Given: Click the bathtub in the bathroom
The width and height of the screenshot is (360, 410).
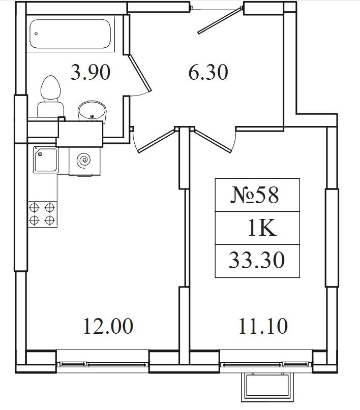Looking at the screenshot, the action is [70, 34].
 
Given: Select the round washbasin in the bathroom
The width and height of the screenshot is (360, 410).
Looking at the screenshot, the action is [92, 112].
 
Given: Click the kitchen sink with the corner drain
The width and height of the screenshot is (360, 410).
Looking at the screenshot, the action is [45, 160].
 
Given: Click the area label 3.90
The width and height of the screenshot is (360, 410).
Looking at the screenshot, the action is [91, 73].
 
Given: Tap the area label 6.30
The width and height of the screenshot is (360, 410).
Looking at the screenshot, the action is [208, 73].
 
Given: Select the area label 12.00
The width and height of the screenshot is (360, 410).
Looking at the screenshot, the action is [108, 326].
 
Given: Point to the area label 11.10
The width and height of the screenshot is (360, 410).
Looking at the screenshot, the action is [263, 326].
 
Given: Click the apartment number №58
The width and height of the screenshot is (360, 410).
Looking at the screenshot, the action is [255, 195].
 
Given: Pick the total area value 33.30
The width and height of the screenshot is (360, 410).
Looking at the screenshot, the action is [257, 261].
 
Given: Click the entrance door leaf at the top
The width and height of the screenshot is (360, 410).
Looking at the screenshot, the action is [219, 20].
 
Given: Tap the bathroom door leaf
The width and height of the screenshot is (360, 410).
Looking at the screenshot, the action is [140, 73].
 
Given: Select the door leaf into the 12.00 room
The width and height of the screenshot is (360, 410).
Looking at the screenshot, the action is [156, 140].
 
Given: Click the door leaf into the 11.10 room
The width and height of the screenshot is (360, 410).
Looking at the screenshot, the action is [213, 140].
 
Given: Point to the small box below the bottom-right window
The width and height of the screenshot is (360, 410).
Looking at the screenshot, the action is [267, 387].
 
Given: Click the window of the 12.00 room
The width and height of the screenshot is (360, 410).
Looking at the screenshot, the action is [103, 364].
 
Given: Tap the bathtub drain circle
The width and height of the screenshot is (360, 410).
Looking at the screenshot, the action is [36, 34].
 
